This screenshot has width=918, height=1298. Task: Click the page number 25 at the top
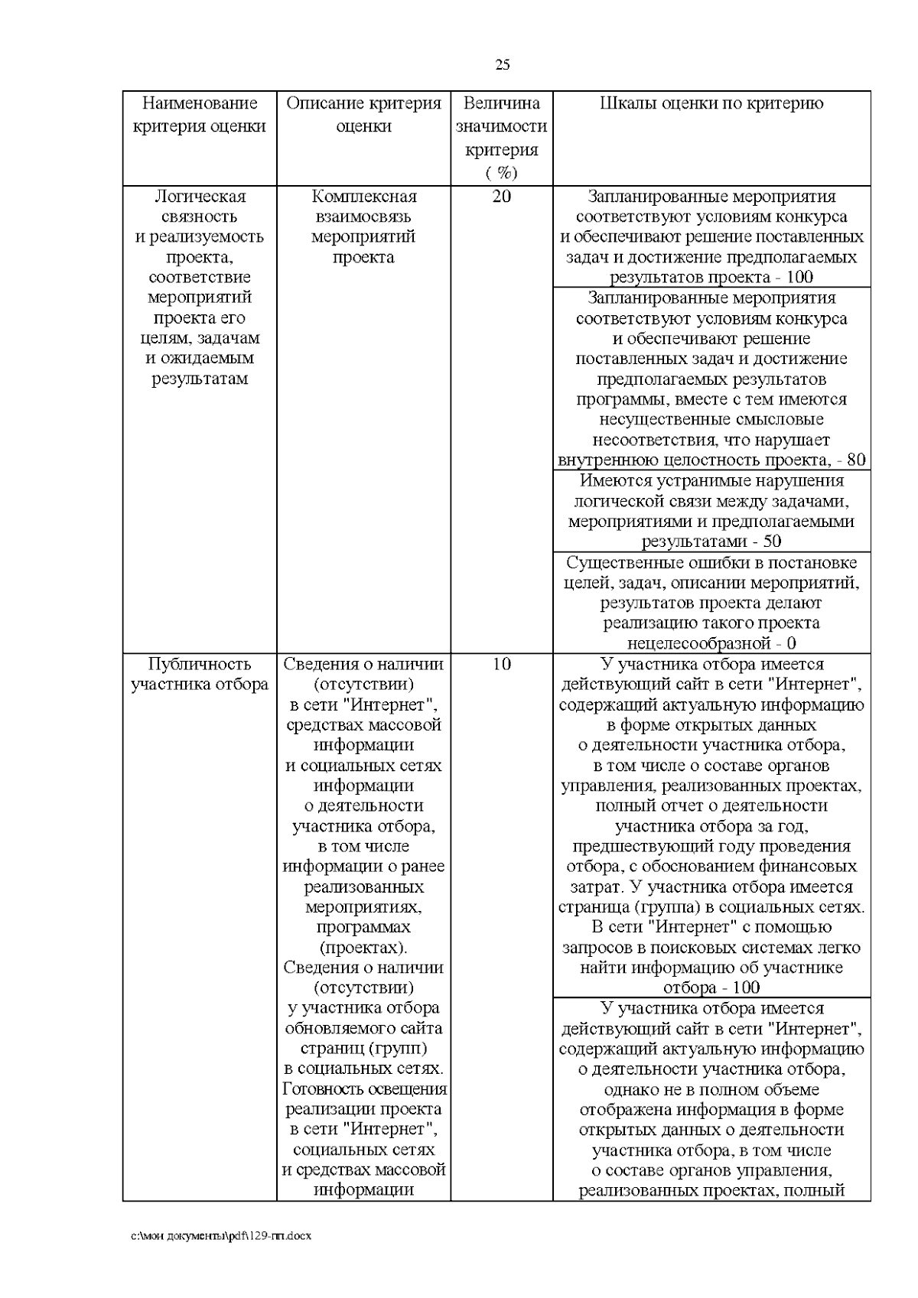tap(503, 65)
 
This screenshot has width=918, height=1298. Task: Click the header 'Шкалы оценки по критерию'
tap(711, 104)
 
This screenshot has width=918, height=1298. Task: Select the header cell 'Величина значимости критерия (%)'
tap(501, 138)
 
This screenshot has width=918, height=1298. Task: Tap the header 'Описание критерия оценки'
tap(363, 115)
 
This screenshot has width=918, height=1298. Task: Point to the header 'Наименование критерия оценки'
tap(200, 115)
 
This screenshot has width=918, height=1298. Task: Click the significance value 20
tap(501, 197)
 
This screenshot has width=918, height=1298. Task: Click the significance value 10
tap(501, 664)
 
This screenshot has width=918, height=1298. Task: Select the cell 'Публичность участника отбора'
tap(200, 674)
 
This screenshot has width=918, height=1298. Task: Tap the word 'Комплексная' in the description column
tap(363, 197)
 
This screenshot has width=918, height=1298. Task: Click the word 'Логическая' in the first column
tap(200, 197)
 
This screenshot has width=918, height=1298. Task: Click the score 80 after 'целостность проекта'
tap(856, 460)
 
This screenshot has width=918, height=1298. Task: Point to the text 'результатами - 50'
tap(711, 542)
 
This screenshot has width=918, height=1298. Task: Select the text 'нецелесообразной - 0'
tap(711, 643)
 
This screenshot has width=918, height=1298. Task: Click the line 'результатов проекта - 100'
tap(711, 277)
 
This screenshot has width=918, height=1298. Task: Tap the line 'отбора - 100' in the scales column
tap(711, 987)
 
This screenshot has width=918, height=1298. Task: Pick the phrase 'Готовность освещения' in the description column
tap(364, 1089)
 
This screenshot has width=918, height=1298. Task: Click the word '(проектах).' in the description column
tap(363, 948)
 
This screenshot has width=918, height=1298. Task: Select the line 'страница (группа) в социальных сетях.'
tap(711, 907)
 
